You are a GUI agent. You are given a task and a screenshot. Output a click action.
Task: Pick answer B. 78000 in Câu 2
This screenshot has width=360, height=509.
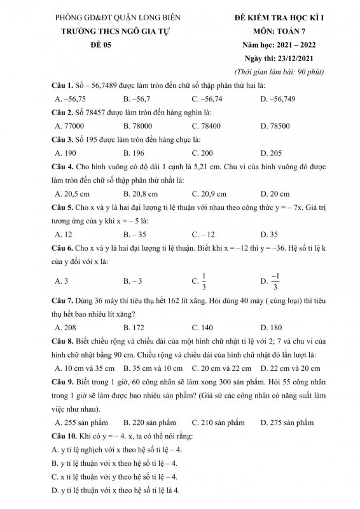[x=139, y=126]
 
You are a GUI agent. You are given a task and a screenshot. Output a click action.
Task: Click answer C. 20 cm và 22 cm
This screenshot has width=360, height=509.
[x=218, y=368]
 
